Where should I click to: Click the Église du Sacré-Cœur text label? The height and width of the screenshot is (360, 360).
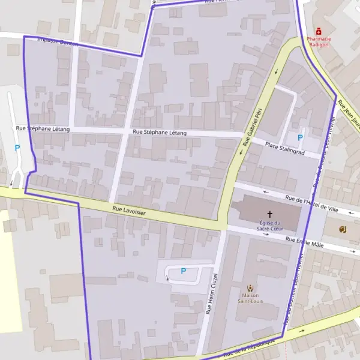(x=270, y=226)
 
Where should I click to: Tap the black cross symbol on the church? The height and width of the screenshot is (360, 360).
(x=270, y=214)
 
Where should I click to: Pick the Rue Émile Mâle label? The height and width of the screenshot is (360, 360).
(x=305, y=242)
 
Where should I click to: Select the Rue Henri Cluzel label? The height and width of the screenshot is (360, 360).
(x=211, y=293)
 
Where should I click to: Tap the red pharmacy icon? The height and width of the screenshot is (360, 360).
(x=319, y=31)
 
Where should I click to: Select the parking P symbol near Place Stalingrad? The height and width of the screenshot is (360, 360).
(x=300, y=137)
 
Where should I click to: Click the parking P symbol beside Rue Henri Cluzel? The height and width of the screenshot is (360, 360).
(x=183, y=271)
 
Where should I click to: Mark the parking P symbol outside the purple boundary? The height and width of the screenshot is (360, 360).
(x=17, y=148)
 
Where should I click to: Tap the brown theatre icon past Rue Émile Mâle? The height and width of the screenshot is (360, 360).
(x=342, y=229)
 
